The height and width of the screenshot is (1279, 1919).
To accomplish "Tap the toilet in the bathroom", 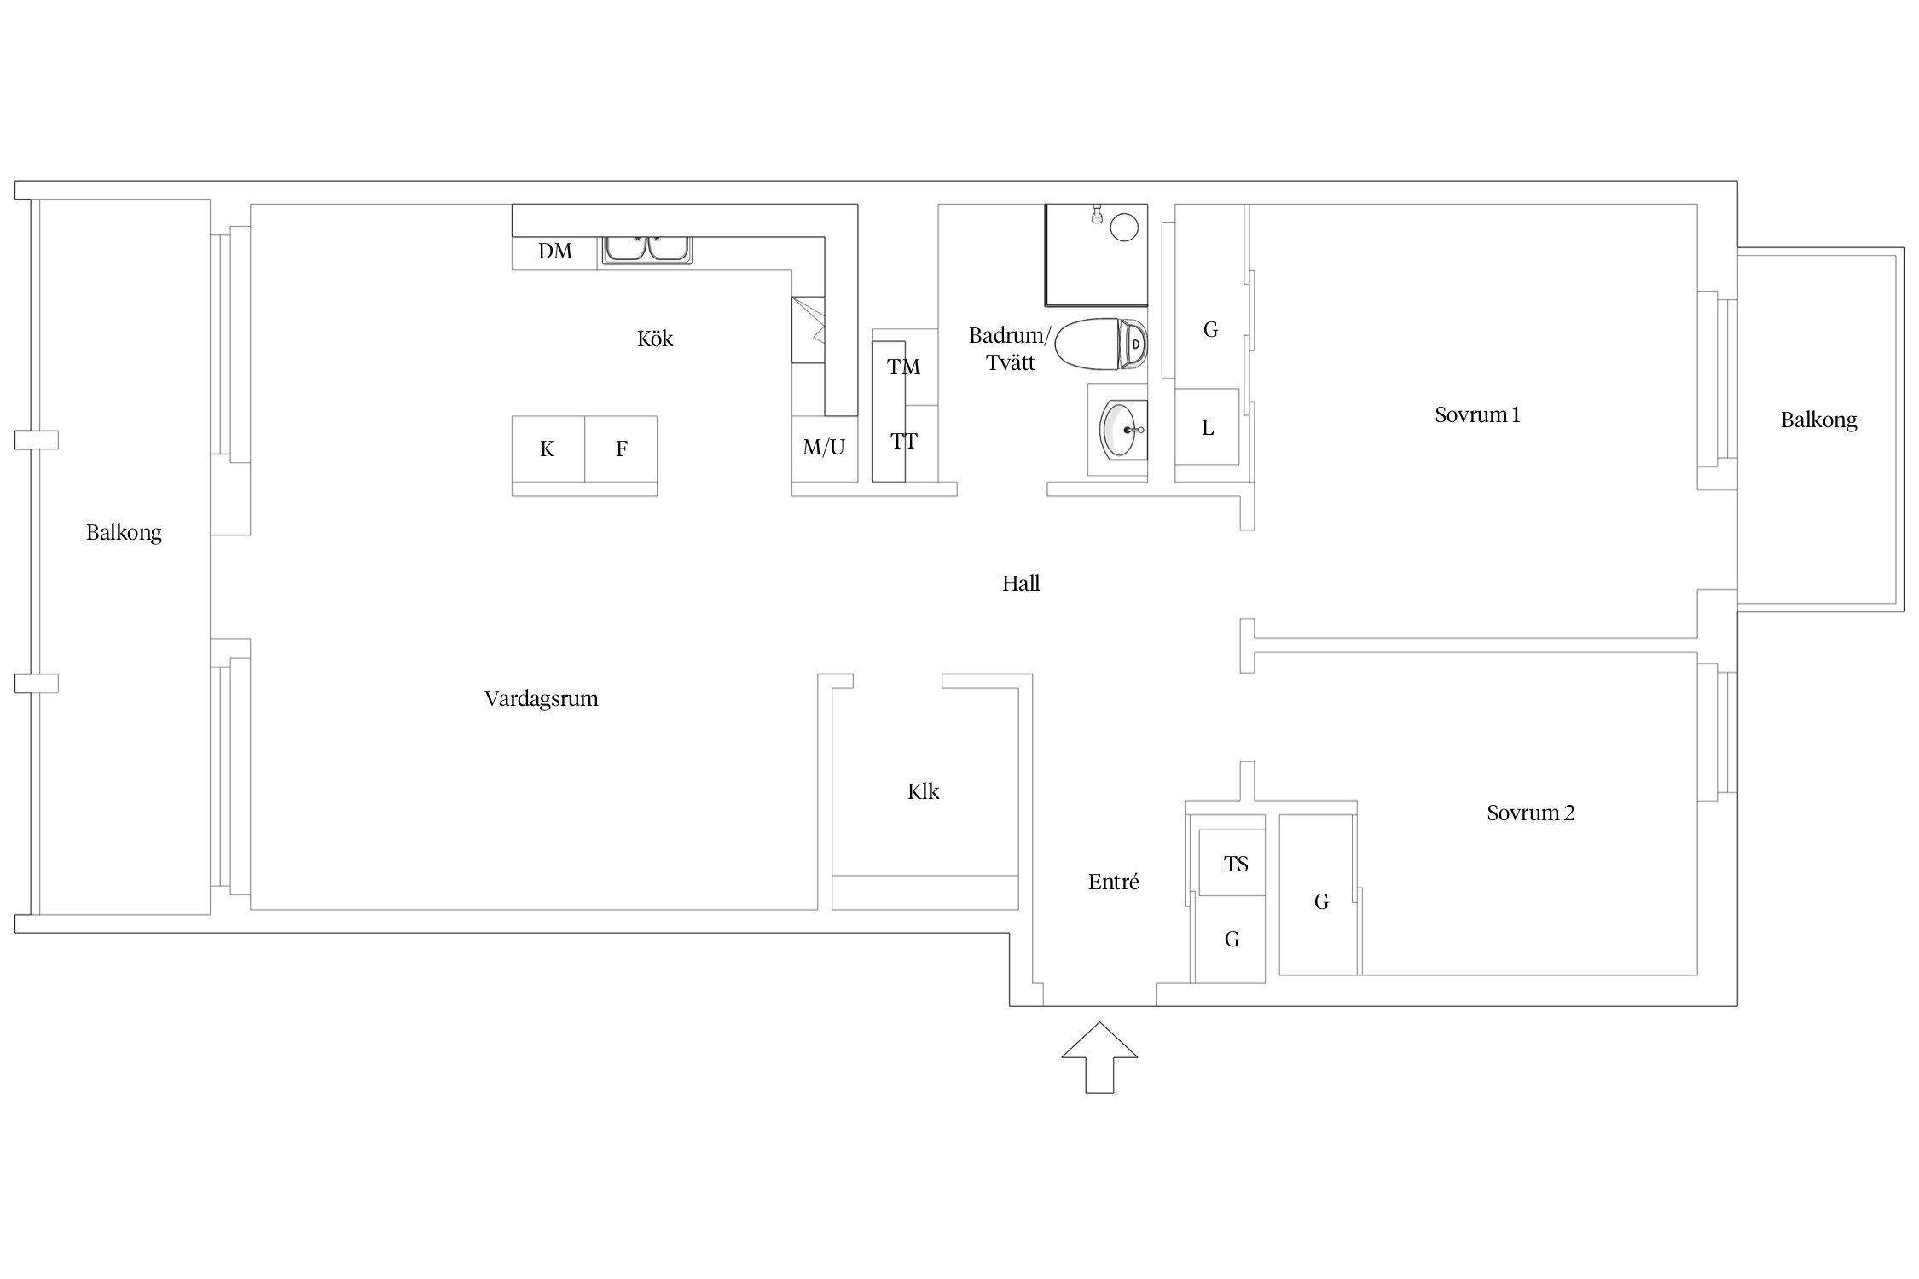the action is point(1101,344).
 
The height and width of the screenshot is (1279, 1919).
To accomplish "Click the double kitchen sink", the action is point(648,249).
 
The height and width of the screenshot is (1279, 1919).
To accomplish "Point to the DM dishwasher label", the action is point(555,251).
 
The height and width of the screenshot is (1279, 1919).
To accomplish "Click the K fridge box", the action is point(548,449).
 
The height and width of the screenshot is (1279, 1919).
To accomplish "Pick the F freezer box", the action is point(621,449).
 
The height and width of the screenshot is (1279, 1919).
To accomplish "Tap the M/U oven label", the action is point(824,447).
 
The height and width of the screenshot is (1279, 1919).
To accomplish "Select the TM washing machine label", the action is point(903,367).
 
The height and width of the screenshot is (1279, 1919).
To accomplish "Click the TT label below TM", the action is point(904,441).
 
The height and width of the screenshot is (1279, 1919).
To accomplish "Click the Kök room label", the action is point(655,339).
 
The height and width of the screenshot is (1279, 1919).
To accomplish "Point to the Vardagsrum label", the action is point(542,699).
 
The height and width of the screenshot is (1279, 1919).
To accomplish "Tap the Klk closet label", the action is point(924,791).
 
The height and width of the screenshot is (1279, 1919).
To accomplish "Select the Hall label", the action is point(1021,583).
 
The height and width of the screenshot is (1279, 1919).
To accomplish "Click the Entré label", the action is point(1114,882).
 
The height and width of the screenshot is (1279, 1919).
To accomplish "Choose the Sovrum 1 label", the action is point(1477,415).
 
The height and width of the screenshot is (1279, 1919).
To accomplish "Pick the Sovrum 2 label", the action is point(1531,813).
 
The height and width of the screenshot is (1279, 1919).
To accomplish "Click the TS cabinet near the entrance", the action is point(1232,863).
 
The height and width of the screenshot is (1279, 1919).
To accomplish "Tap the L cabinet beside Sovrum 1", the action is point(1207,427).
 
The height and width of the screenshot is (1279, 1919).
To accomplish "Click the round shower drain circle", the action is point(1124,227).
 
